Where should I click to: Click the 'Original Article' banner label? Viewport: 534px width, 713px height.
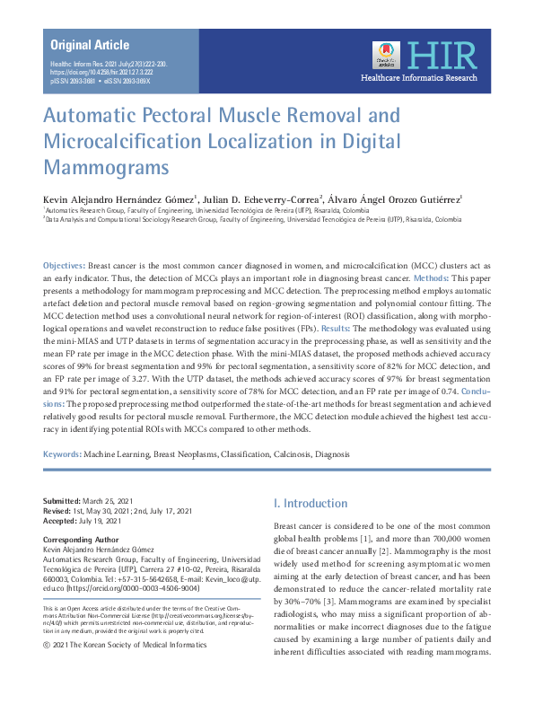point(90,45)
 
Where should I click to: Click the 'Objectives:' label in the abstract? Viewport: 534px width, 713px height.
point(65,267)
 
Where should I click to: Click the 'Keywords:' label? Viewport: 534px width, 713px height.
point(62,455)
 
